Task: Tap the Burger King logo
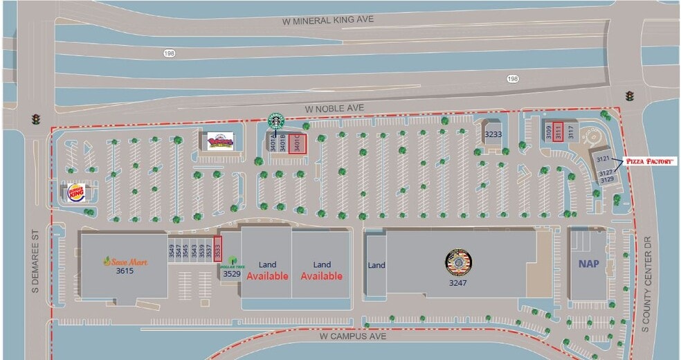point(75,193)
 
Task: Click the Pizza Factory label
point(650,161)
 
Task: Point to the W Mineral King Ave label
point(328,20)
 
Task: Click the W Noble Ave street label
point(334,109)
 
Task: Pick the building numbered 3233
point(493,134)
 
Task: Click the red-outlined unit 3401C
point(298,143)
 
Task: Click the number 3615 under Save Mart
point(125,271)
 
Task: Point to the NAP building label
point(589,264)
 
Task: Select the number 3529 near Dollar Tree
point(232,274)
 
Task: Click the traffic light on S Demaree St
point(36,119)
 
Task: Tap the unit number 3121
point(602,160)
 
